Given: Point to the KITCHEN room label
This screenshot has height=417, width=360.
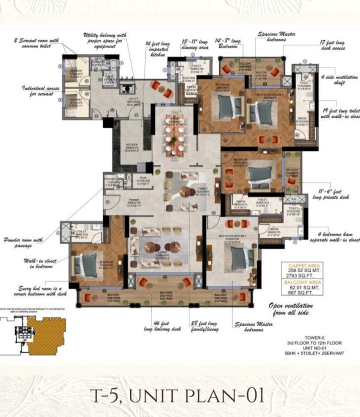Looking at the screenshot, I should click(x=131, y=146).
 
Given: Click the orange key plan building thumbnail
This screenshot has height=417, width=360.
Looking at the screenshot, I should click(x=45, y=336).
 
